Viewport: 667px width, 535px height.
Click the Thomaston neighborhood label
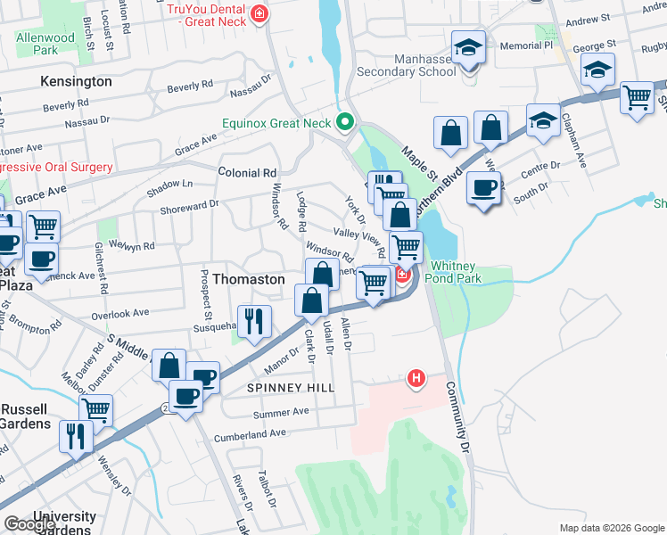pos(243,279)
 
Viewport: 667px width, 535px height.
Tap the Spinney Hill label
pos(291,388)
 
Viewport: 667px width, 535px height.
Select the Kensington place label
pos(77,81)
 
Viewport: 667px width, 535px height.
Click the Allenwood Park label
pos(45,45)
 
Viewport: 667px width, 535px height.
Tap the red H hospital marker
pos(415,379)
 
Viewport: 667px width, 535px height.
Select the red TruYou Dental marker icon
pos(259,14)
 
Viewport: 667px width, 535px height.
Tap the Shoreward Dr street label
pos(189,206)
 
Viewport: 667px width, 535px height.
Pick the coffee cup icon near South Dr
pos(484,190)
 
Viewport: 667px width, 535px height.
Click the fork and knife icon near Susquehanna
pos(255,322)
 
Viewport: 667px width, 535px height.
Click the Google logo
pos(30,524)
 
